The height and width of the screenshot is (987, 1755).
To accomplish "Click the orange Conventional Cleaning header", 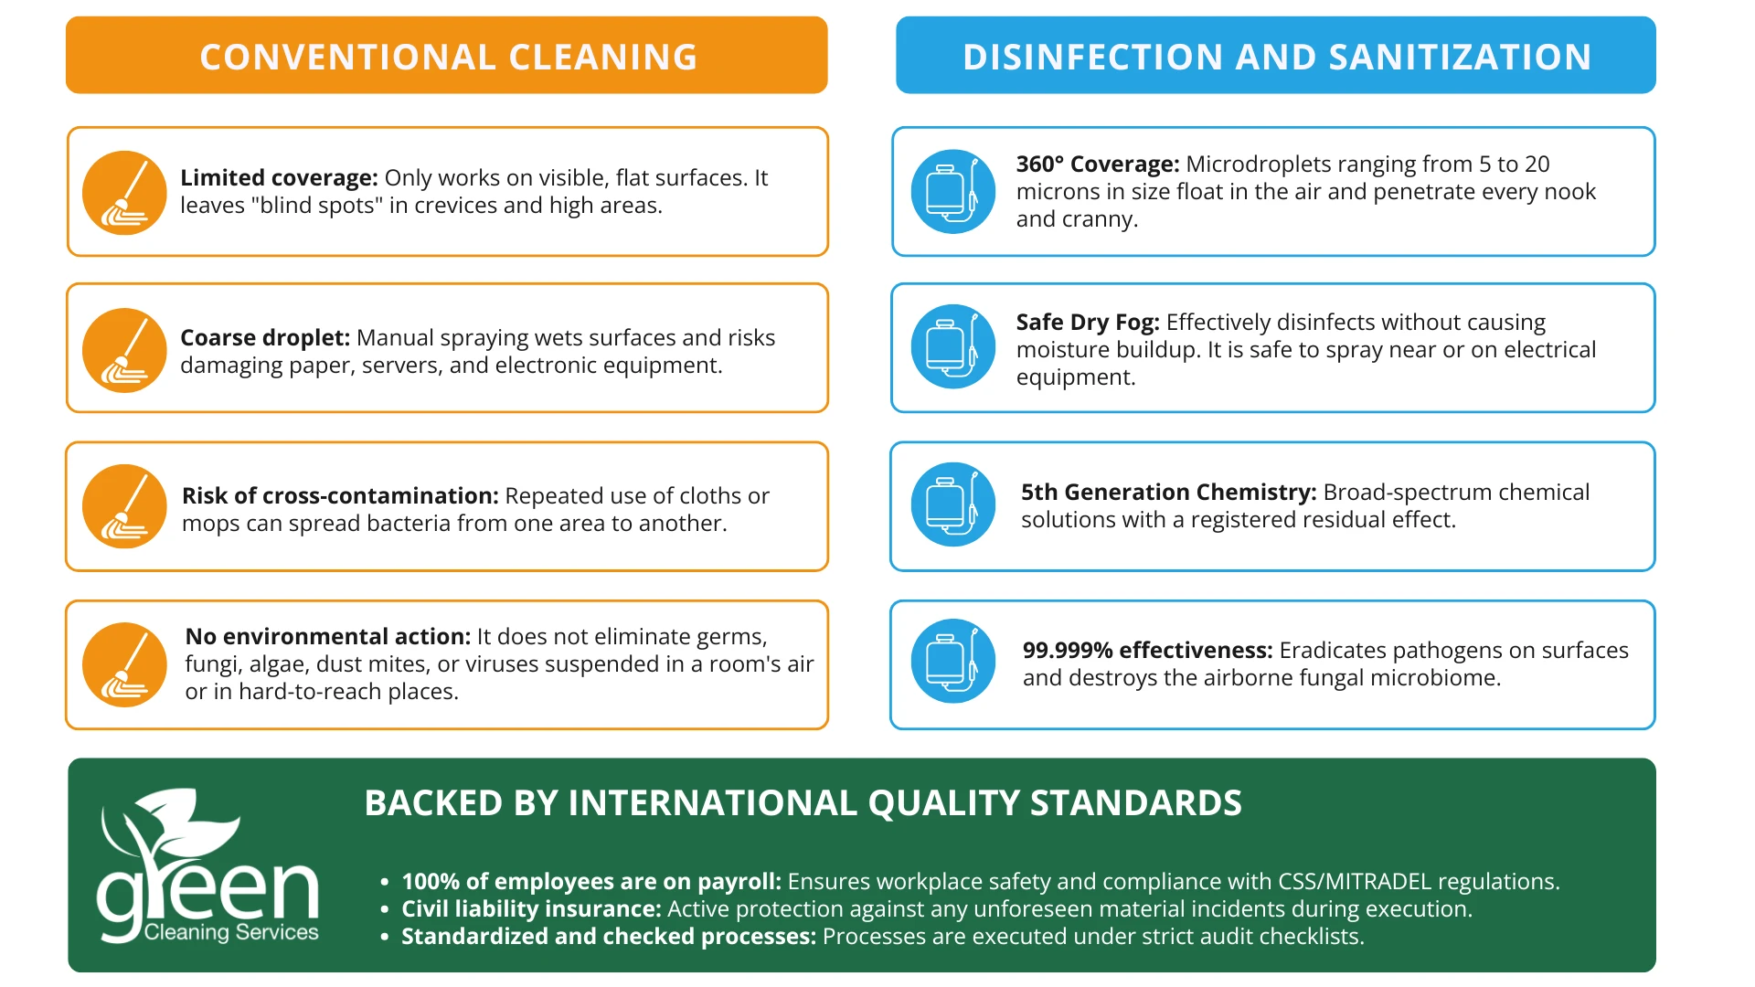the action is coord(447,55).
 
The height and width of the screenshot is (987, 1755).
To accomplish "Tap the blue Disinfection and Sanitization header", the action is coord(1276,55).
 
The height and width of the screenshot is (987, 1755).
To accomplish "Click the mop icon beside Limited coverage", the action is coord(124,193).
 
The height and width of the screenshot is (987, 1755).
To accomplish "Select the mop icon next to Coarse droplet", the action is coord(124,350).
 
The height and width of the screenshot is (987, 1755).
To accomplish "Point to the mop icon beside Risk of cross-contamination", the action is coord(124,506).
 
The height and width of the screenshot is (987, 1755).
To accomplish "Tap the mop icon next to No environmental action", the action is coord(124,664).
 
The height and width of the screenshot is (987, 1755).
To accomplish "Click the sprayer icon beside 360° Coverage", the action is coord(953,191).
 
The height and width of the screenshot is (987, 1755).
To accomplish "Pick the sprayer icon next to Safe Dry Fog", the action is coord(953,346).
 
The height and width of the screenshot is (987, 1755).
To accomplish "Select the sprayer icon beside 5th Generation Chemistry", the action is coord(953,504).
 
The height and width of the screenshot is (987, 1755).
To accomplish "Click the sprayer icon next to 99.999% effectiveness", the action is coord(953,661).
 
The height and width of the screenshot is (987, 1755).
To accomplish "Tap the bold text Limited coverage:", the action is coord(279,177).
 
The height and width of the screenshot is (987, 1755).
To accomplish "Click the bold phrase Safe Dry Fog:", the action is coord(1088,323).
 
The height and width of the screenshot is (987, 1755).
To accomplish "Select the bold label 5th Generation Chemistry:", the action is coord(1169,493).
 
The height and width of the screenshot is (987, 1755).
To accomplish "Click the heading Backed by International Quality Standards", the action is coord(803,803).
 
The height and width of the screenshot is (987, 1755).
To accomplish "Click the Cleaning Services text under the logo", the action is coord(231,932).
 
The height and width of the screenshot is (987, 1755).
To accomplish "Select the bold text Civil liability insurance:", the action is coord(531,908).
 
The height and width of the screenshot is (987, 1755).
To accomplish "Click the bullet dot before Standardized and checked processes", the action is coord(385,938).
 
